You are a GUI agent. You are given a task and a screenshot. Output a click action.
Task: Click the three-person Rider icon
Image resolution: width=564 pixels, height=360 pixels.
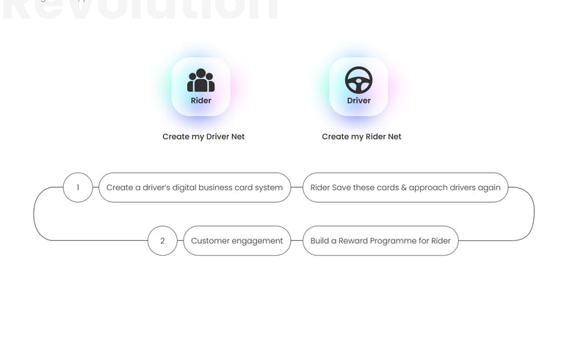200,80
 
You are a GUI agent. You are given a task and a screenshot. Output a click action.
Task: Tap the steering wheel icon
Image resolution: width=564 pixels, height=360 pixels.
358,80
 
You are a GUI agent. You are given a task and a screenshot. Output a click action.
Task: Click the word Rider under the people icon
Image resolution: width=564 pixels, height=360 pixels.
200,101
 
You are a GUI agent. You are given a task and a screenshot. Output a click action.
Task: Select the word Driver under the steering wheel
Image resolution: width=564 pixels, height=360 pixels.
358,101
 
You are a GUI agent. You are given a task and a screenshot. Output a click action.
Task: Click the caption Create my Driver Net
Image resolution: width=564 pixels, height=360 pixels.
203,137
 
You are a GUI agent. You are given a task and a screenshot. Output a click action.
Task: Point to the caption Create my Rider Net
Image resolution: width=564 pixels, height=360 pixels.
361,137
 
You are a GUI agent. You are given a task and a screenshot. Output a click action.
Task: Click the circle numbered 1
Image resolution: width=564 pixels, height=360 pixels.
78,187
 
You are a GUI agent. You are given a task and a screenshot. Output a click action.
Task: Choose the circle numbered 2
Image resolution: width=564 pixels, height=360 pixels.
162,241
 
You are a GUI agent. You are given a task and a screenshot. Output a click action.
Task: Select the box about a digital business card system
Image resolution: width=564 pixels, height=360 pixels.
195,187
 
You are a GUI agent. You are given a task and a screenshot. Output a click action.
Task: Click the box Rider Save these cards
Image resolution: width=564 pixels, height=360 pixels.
405,187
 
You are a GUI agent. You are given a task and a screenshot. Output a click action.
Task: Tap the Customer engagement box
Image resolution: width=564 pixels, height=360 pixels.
236,241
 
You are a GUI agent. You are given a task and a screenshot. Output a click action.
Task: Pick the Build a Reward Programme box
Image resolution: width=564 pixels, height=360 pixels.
380,241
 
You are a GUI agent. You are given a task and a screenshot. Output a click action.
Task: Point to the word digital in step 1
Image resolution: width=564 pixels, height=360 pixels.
189,187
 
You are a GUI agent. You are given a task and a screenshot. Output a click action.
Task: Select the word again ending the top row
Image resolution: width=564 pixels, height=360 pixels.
488,187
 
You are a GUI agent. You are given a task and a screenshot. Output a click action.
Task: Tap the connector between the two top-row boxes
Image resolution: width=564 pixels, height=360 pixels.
297,187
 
